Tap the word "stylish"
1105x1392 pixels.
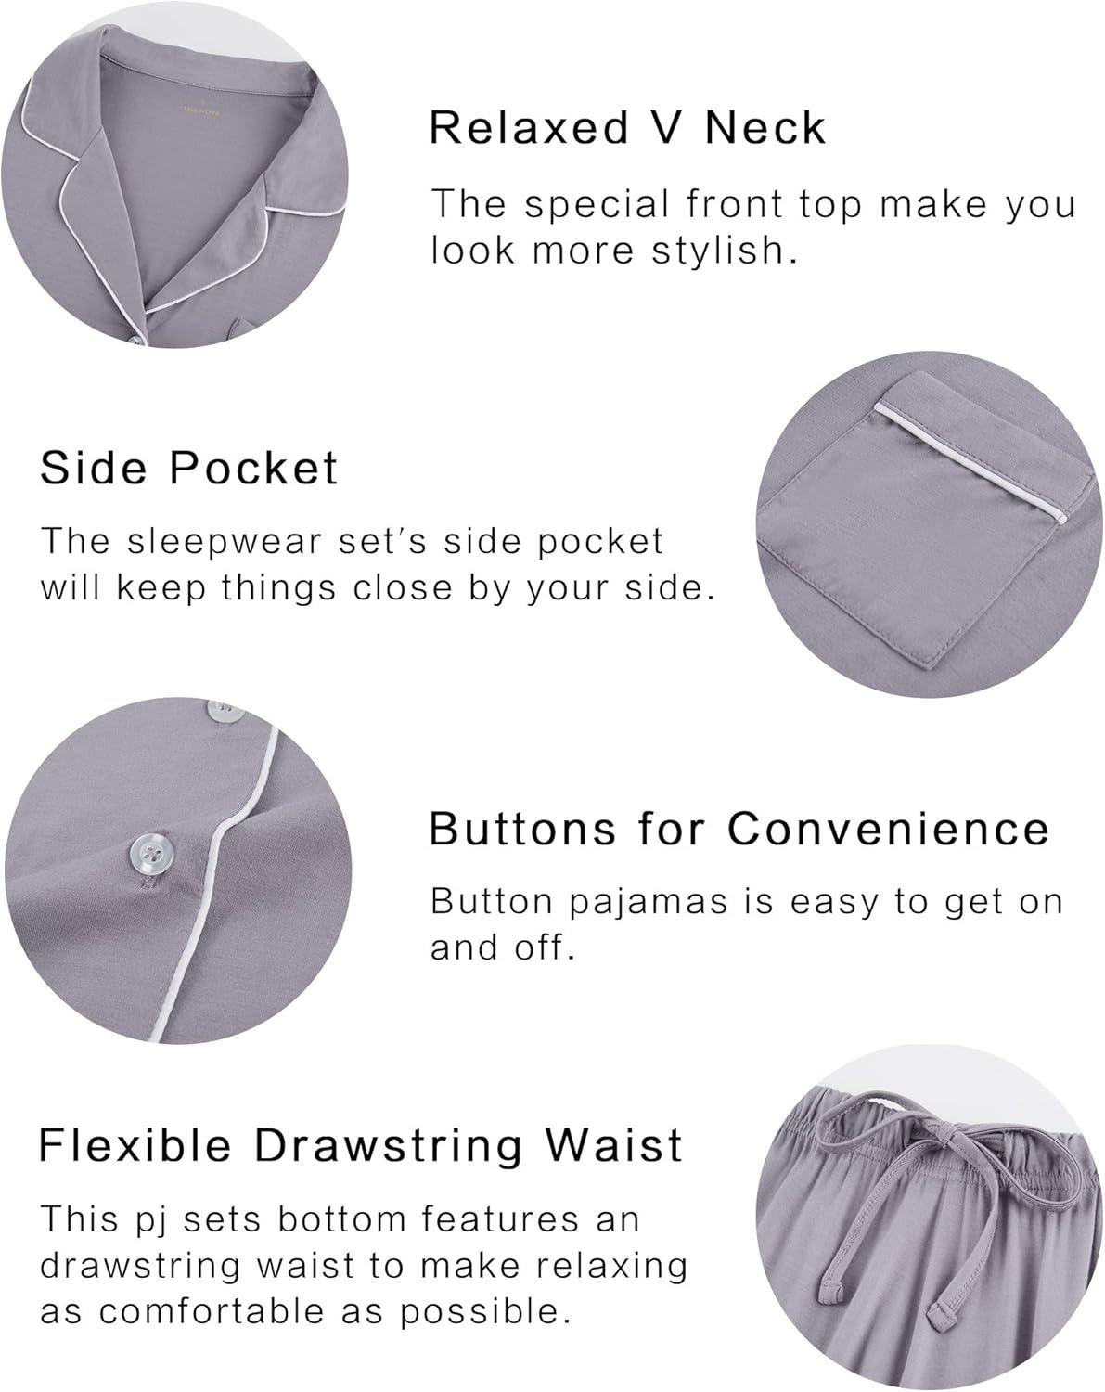pyautogui.click(x=724, y=251)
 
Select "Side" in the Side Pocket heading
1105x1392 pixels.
pyautogui.click(x=93, y=468)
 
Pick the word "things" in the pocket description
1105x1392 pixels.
pyautogui.click(x=279, y=588)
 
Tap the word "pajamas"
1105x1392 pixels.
pyautogui.click(x=648, y=902)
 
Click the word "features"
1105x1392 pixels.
pyautogui.click(x=500, y=1219)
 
